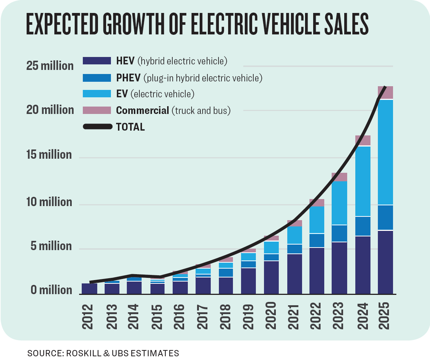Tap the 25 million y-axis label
50,66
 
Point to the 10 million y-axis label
49,202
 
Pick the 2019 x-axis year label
249,317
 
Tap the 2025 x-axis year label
385,317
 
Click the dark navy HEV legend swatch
97,61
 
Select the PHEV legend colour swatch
97,78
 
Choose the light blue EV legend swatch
97,94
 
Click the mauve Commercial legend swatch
97,110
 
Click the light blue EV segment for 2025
385,152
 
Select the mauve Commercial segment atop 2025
385,93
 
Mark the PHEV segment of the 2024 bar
363,226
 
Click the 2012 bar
89,289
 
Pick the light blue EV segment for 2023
340,203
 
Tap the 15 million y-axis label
49,154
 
